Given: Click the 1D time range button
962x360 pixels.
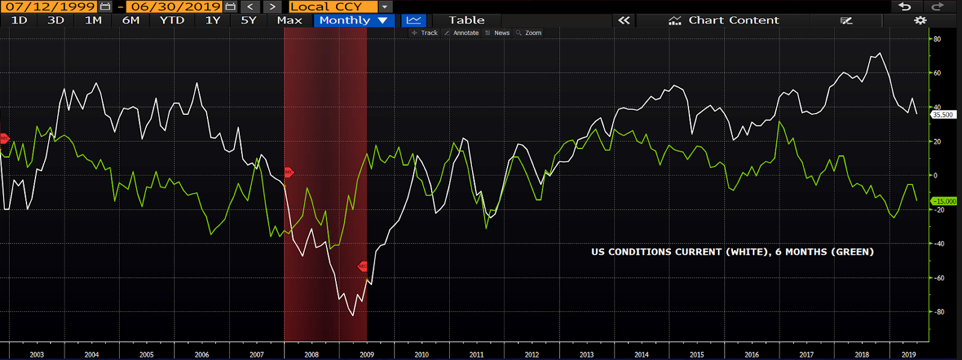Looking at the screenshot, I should (19, 20).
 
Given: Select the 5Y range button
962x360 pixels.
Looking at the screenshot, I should (248, 20).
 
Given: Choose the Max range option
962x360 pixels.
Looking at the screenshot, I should (289, 20).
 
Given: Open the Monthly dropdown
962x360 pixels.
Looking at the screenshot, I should (354, 20).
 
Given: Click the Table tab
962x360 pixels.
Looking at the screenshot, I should (466, 20).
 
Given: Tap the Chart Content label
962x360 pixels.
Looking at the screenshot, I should (733, 20).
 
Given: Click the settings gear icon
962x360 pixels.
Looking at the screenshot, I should (920, 20).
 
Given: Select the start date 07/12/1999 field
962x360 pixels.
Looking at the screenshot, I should (51, 7).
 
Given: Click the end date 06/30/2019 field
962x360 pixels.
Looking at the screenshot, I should (176, 7).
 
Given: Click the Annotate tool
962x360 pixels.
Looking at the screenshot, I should (465, 33).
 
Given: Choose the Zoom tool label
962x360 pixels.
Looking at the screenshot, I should (533, 33).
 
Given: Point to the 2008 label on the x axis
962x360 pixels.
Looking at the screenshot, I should (311, 355).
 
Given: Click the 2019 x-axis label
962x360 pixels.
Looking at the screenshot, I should (908, 355).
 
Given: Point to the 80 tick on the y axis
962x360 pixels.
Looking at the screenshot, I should (937, 39).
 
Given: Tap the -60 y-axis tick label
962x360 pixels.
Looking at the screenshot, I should (938, 278).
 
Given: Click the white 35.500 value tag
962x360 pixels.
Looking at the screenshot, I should (943, 115).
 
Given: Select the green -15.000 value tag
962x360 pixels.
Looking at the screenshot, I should (944, 201).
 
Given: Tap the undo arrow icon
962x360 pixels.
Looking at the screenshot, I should (904, 7).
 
